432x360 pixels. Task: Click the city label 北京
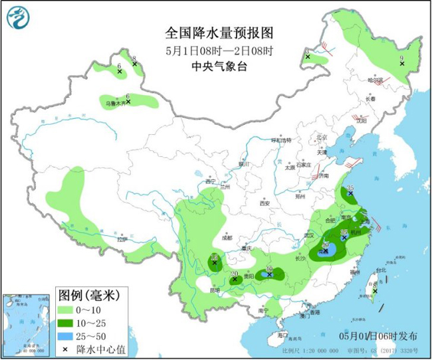pyautogui.click(x=322, y=137)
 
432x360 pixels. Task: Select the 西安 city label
pyautogui.click(x=265, y=203)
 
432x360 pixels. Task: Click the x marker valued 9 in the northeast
pyautogui.click(x=402, y=64)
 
